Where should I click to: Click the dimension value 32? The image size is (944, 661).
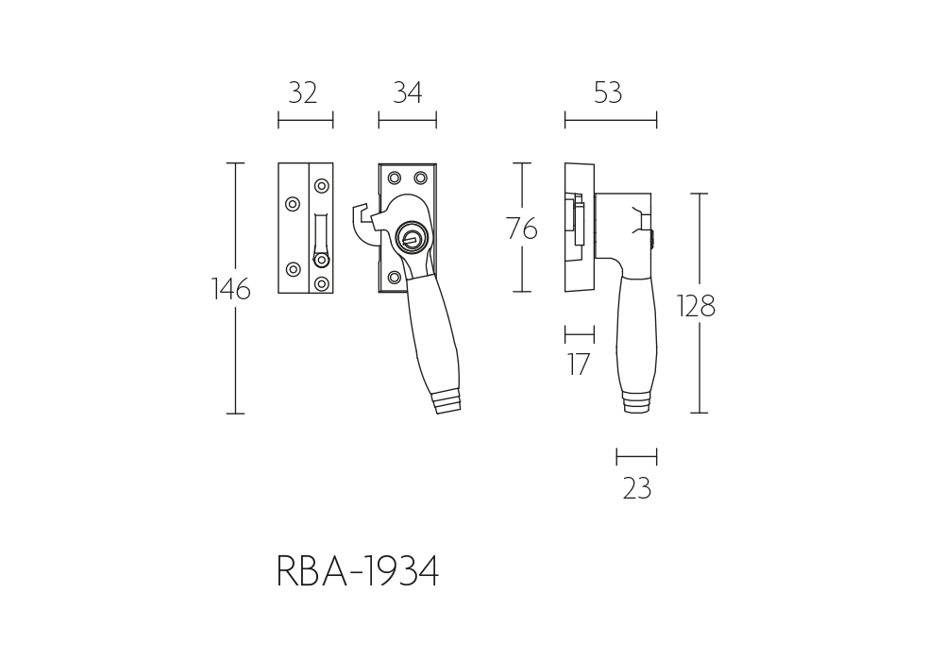pos(302,93)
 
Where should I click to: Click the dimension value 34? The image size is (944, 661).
pos(408,93)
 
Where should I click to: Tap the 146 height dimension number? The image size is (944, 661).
pos(231,290)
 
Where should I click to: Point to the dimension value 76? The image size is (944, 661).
pos(521,229)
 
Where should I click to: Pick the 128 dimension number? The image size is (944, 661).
pos(696,306)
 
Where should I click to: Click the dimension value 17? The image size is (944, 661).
pos(579,364)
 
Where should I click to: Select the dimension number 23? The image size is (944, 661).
pos(637,488)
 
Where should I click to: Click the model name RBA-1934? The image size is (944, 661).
pos(358,571)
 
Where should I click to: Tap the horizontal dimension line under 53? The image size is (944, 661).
pos(611,121)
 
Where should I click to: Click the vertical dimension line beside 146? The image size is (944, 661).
pos(235,288)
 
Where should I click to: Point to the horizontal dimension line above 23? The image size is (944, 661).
pos(636,457)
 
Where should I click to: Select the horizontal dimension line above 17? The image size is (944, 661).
pos(580,334)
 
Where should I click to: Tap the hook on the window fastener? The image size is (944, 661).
pos(364,226)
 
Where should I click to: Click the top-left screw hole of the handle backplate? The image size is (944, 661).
pos(395,178)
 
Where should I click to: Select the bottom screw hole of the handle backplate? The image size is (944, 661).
pos(395,278)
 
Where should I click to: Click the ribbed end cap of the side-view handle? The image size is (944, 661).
pos(636,402)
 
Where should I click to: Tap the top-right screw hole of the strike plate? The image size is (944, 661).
pos(322,185)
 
